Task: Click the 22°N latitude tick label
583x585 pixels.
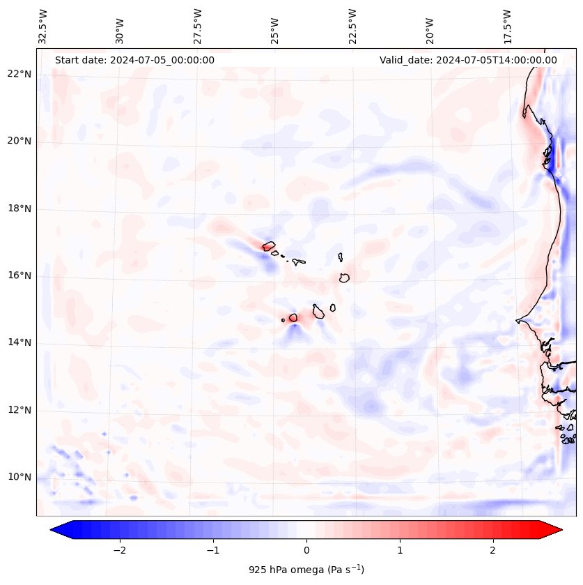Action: click(x=20, y=74)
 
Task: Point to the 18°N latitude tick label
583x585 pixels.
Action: click(x=20, y=208)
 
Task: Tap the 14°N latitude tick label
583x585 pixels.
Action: click(x=20, y=343)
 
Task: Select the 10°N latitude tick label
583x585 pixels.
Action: click(x=20, y=478)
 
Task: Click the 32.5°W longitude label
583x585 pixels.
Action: click(x=43, y=26)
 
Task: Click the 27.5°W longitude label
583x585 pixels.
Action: click(x=198, y=26)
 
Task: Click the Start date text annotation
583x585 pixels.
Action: click(x=134, y=60)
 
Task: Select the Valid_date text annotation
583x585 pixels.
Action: click(x=468, y=60)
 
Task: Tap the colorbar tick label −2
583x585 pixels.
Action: click(x=119, y=549)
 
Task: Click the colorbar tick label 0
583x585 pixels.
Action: click(x=306, y=549)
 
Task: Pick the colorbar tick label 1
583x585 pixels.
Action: click(x=400, y=549)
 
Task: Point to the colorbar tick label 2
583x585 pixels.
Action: click(x=493, y=549)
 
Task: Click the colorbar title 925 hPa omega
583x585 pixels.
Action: click(x=306, y=570)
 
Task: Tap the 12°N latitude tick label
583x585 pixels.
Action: click(x=20, y=411)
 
